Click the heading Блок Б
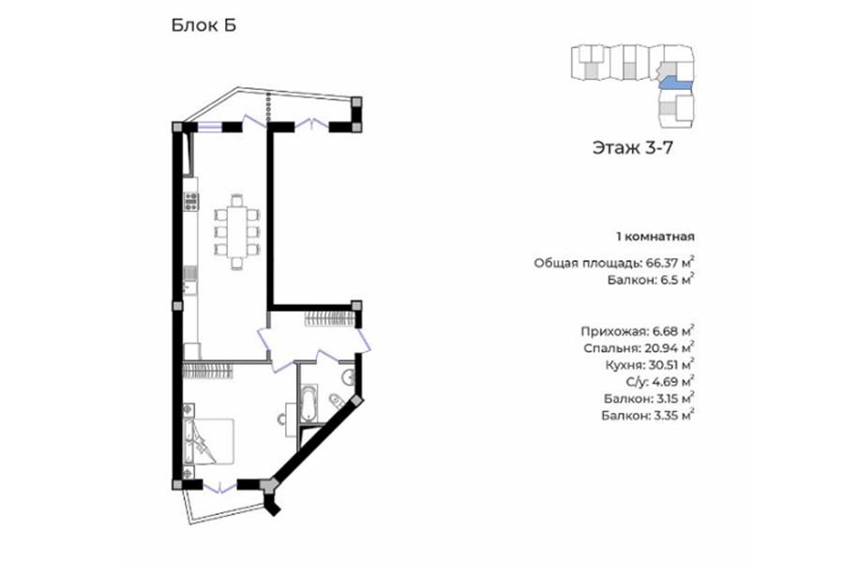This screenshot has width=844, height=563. coord(203,25)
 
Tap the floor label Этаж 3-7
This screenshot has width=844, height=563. coord(632,147)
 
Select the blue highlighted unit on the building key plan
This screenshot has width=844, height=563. coord(676,84)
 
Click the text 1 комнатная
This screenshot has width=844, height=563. coord(656,236)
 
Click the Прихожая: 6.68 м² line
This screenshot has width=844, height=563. coord(638,331)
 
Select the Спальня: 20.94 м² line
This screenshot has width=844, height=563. coord(639,348)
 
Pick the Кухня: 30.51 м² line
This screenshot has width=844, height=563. coord(650,365)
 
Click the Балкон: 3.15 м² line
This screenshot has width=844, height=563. coord(649,399)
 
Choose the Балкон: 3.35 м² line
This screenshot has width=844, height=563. coord(648,416)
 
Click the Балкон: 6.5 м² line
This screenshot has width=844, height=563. coord(651,279)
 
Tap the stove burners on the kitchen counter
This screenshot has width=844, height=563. coord(190,202)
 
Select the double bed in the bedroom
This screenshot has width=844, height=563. coord(208,441)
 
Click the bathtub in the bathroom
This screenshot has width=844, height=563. coord(309,403)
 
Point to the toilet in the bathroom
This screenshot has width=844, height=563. coord(336,401)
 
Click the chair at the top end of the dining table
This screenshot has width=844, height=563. coord(237,199)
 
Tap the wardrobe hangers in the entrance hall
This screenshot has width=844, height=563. coord(328,319)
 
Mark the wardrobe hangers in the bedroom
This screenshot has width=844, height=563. coord(207,371)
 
